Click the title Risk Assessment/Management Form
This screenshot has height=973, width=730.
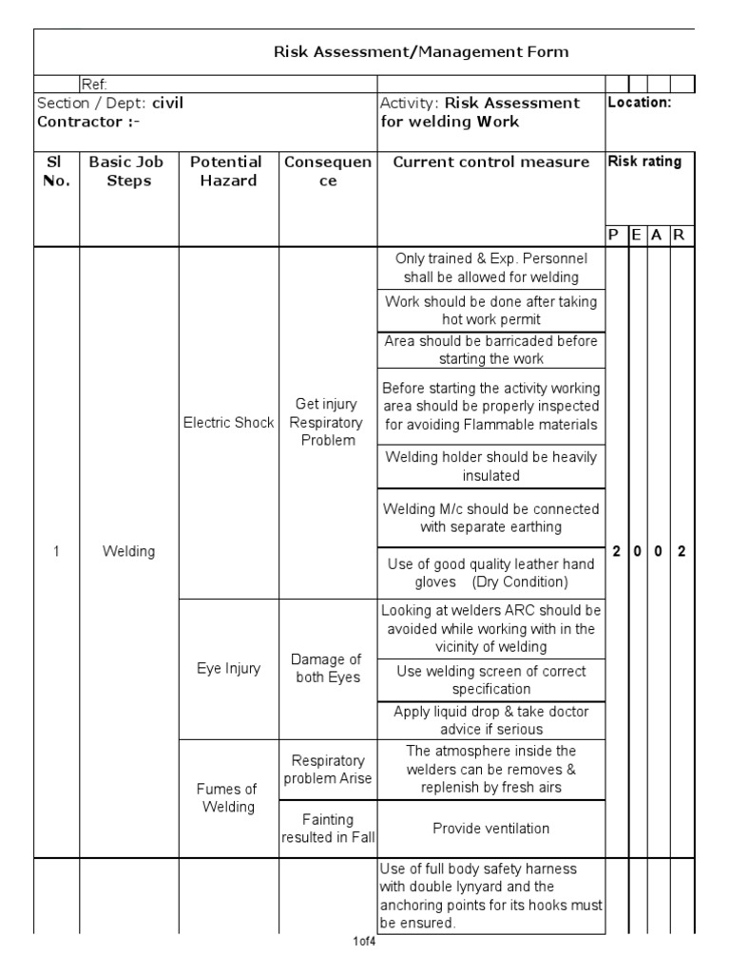click(421, 52)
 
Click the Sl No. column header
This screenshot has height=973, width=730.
click(56, 171)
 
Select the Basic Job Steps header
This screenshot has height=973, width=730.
click(128, 171)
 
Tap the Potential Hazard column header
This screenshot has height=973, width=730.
click(227, 171)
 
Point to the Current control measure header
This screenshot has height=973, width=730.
click(490, 162)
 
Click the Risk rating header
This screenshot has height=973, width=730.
click(644, 162)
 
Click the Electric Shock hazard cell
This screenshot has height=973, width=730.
click(228, 423)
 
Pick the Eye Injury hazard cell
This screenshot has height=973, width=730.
click(228, 668)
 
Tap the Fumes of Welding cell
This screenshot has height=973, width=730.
click(228, 798)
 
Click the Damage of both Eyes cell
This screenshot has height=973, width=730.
click(327, 669)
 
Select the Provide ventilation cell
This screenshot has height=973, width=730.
click(490, 829)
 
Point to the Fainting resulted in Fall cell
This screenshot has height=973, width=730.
click(327, 829)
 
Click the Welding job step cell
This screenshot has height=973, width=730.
click(128, 552)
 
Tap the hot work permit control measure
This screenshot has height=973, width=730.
click(490, 311)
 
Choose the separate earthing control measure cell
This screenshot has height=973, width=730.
click(490, 518)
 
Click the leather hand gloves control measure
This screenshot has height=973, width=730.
click(490, 573)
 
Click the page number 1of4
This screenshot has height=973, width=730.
click(365, 943)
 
